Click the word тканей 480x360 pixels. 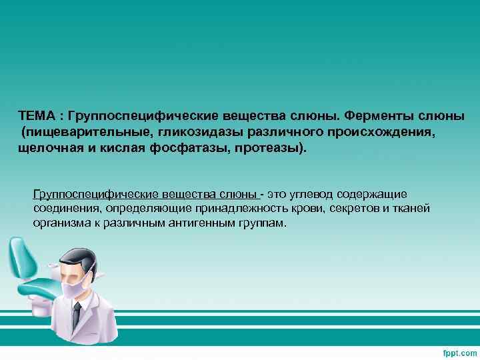415,209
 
